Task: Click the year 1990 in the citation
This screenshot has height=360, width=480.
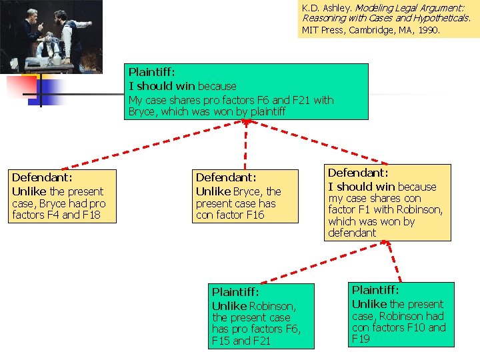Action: pos(428,30)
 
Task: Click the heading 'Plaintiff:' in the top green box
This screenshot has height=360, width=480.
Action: pos(153,72)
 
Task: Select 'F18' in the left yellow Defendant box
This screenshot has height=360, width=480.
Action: pos(93,215)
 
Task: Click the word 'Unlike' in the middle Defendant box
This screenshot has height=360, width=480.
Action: pos(213,191)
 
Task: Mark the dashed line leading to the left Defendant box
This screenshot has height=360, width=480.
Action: pos(153,147)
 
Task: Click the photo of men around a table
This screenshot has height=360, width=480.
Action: pos(51,36)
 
